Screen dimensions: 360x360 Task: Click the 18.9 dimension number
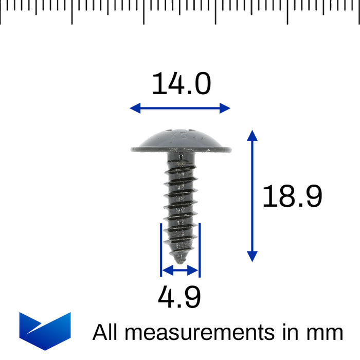pyautogui.click(x=292, y=196)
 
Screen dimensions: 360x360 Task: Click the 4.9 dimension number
pyautogui.click(x=179, y=297)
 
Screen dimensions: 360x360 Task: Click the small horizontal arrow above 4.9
pyautogui.click(x=179, y=269)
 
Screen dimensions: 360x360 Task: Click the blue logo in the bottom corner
pyautogui.click(x=45, y=331)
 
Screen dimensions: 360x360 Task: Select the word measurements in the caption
pyautogui.click(x=198, y=333)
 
